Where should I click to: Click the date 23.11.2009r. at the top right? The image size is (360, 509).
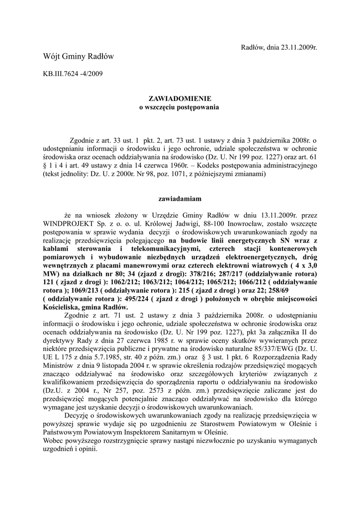tap(296, 47)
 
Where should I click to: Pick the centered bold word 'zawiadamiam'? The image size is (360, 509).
tap(179, 199)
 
